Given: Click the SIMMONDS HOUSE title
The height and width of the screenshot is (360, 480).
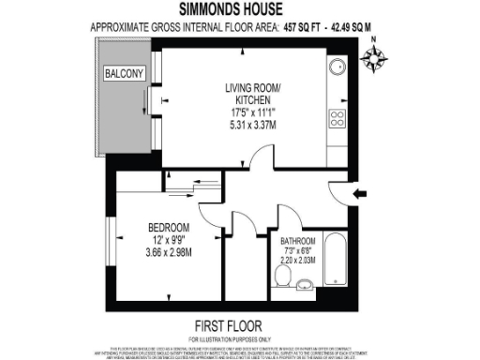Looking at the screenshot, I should click(x=239, y=11).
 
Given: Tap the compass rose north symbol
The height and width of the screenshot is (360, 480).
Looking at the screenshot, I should click(x=375, y=58).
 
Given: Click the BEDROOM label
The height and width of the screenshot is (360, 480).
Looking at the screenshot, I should click(x=169, y=228).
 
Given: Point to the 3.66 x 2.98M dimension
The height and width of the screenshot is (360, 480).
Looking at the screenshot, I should click(x=169, y=251).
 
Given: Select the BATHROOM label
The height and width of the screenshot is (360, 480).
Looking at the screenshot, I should click(x=294, y=241).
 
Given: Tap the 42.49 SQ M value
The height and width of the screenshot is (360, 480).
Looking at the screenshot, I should click(x=348, y=27).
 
